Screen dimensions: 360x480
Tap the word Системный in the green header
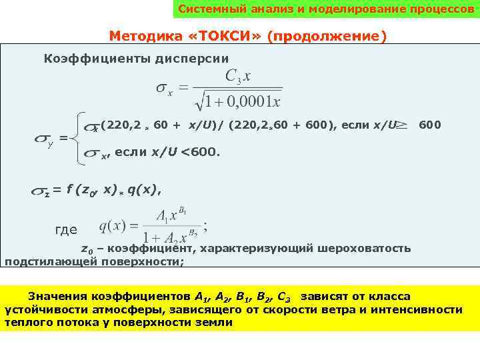(203, 10)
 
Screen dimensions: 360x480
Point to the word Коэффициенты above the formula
(87, 59)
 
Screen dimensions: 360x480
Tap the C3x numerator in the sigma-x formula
(238, 77)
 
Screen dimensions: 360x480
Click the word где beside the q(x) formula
(66, 230)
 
